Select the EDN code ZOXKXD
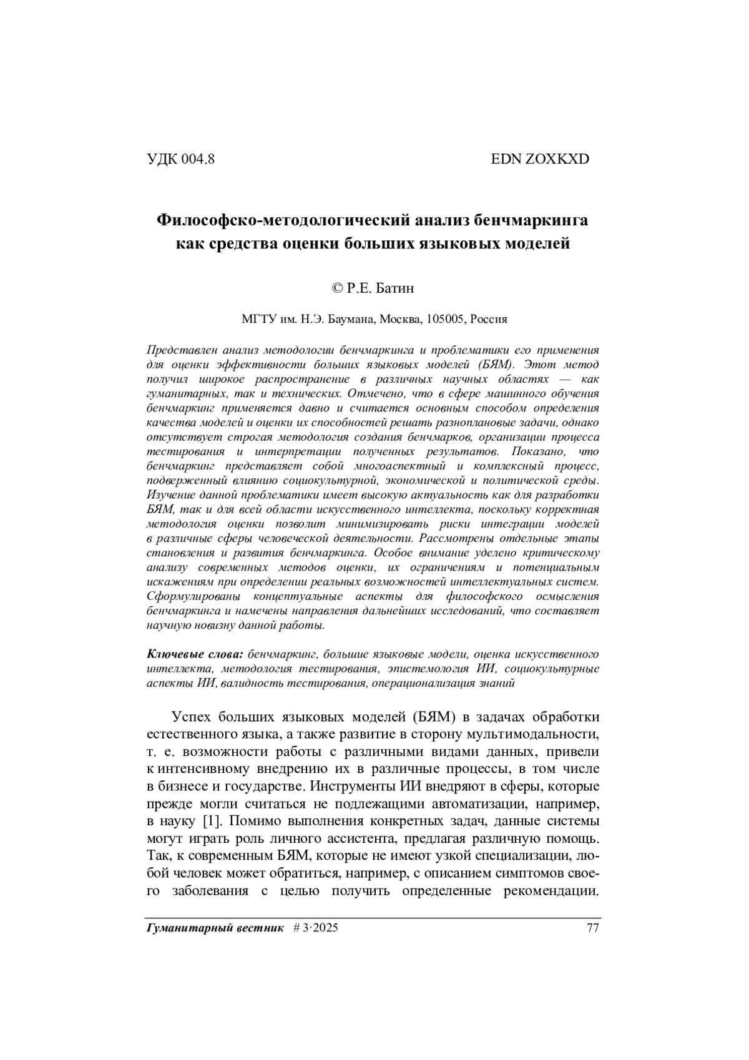pos(557,159)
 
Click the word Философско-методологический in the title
pos(280,220)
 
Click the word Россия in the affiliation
pos(489,319)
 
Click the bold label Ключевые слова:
pos(195,654)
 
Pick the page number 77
pos(593,928)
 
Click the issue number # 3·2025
pos(315,928)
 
